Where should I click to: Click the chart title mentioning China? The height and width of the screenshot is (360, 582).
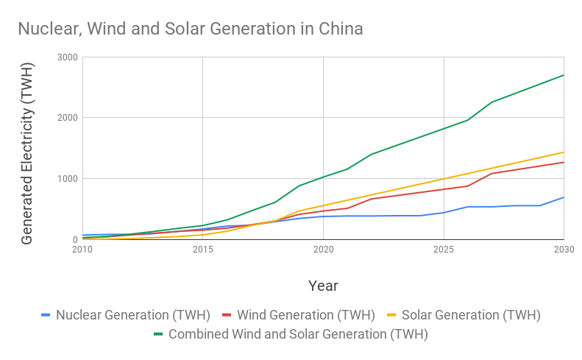tap(190, 29)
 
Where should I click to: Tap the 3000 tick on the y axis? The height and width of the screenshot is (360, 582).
tap(67, 57)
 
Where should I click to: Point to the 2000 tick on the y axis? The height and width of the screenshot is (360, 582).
tap(67, 118)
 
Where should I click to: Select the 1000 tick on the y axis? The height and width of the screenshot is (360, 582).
tap(67, 179)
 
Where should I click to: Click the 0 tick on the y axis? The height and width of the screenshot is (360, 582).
tap(75, 240)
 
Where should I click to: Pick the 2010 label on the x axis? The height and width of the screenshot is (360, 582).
tap(82, 250)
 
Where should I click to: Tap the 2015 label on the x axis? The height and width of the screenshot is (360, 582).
tap(202, 250)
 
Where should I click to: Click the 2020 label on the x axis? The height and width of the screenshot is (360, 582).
tap(323, 250)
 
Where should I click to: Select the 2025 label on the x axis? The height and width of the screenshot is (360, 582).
tap(444, 250)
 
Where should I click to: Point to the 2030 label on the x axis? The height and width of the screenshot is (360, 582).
tap(563, 250)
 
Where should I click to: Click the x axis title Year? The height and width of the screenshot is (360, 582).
tap(323, 285)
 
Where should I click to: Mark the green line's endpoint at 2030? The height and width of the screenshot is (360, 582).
tap(564, 75)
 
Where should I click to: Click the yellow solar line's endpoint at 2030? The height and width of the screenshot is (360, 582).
tap(564, 152)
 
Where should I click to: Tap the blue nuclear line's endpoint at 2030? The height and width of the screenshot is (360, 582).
tap(564, 197)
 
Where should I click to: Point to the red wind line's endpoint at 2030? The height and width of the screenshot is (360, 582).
tap(564, 162)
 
